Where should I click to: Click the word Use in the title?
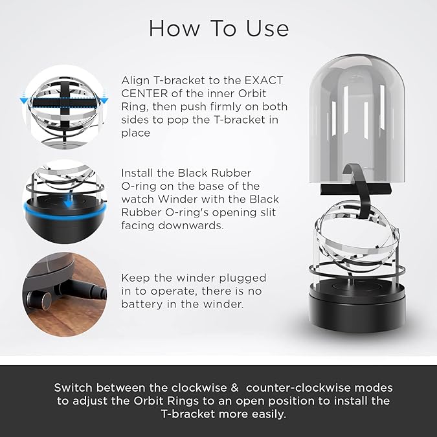pos(267,28)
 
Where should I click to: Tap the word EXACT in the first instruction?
pos(263,80)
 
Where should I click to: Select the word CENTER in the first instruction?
pos(144,94)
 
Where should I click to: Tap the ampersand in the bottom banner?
pos(234,388)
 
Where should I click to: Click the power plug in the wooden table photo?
pos(81,290)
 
